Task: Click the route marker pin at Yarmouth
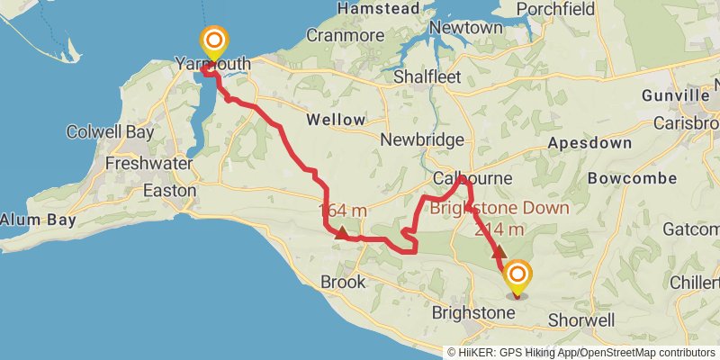pyautogui.click(x=214, y=42)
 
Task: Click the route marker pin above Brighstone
pyautogui.click(x=517, y=275)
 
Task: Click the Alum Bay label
pyautogui.click(x=30, y=219)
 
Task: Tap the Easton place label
pyautogui.click(x=170, y=191)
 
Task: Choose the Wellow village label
pyautogui.click(x=336, y=120)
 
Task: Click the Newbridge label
pyautogui.click(x=421, y=140)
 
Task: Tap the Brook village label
pyautogui.click(x=343, y=282)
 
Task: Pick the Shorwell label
pyautogui.click(x=580, y=319)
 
